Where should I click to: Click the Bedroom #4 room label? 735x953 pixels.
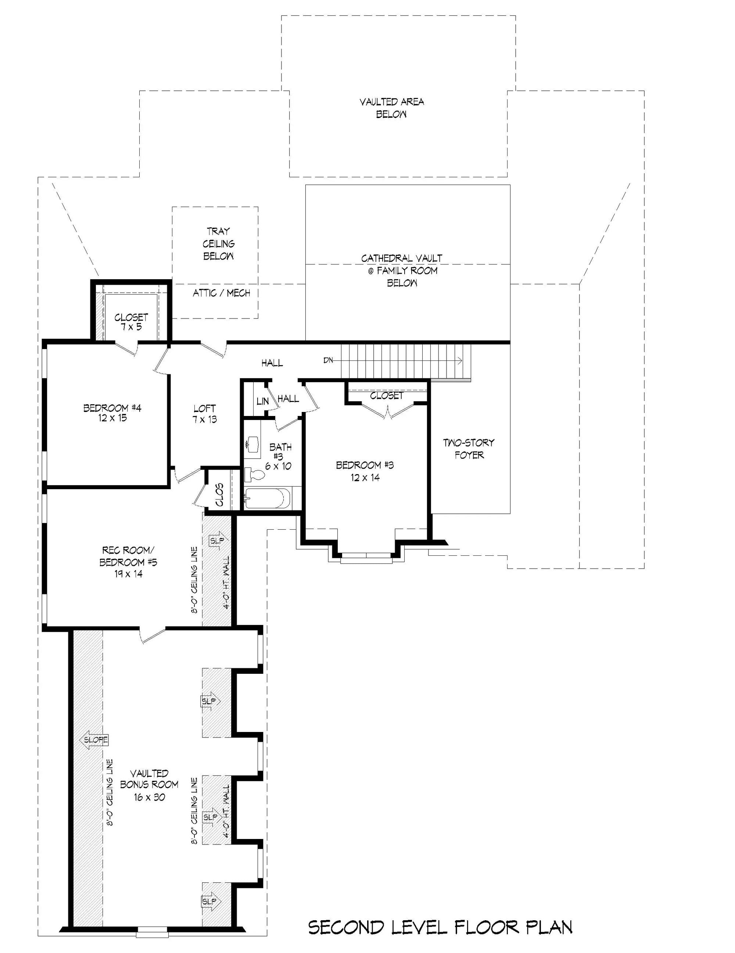pyautogui.click(x=112, y=413)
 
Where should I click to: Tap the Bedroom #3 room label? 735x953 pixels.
pyautogui.click(x=365, y=471)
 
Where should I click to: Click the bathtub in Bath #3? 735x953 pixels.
pyautogui.click(x=267, y=498)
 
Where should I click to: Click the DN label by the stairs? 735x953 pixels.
pyautogui.click(x=328, y=360)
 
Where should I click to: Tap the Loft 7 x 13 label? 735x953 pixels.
pyautogui.click(x=204, y=414)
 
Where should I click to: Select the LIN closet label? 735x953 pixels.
pyautogui.click(x=262, y=401)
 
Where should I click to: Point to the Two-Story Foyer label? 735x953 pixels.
pyautogui.click(x=469, y=449)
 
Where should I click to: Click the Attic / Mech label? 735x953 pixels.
pyautogui.click(x=222, y=293)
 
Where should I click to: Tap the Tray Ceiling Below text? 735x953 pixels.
pyautogui.click(x=218, y=243)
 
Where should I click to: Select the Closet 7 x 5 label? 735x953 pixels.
pyautogui.click(x=131, y=321)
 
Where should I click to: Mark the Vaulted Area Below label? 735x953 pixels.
pyautogui.click(x=391, y=108)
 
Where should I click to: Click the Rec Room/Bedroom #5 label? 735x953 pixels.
pyautogui.click(x=128, y=562)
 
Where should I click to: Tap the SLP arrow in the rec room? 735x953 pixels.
pyautogui.click(x=218, y=541)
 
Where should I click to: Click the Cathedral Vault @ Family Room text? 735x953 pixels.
pyautogui.click(x=402, y=270)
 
